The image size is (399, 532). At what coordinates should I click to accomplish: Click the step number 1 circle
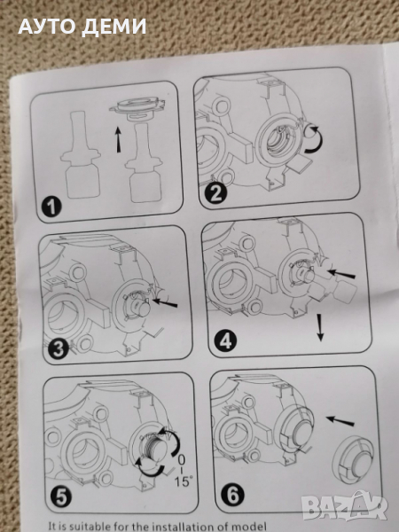[x=51, y=207]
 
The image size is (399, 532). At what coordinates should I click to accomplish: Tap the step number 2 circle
[x=215, y=193]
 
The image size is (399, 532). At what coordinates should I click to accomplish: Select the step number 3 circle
[x=58, y=348]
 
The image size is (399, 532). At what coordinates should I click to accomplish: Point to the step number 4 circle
[x=225, y=340]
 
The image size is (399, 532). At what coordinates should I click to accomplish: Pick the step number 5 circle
[x=61, y=497]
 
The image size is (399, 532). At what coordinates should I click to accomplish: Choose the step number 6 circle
[x=232, y=495]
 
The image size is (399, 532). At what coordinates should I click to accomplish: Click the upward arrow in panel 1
[x=118, y=139]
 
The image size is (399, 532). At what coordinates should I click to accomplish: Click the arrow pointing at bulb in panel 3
[x=165, y=302]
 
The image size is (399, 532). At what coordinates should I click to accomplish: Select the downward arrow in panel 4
[x=319, y=327]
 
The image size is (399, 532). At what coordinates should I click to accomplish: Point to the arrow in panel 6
[x=340, y=421]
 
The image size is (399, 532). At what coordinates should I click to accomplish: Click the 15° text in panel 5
[x=184, y=481]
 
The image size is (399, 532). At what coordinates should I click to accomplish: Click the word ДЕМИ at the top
[x=114, y=27]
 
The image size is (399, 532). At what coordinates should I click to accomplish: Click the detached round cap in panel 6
[x=353, y=460]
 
